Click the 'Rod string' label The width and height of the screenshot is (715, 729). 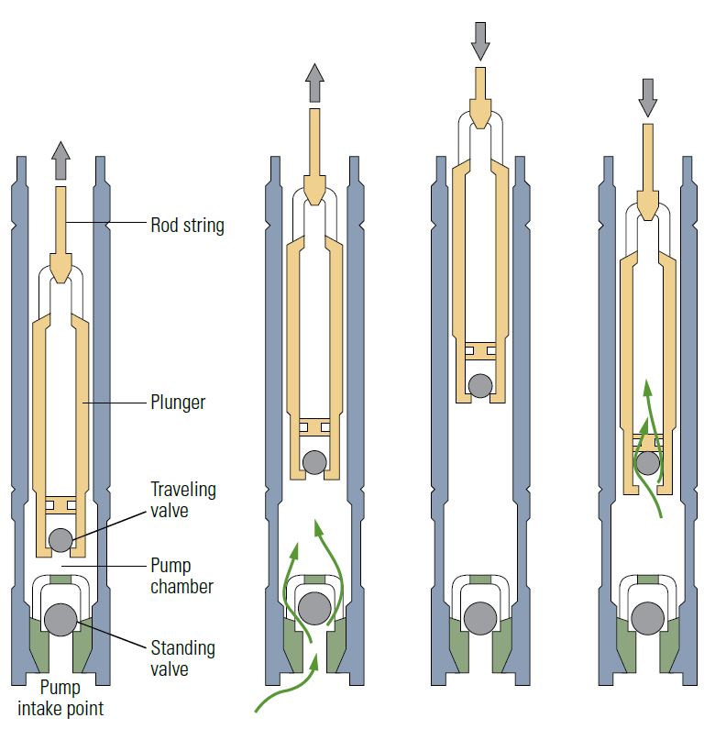click(187, 225)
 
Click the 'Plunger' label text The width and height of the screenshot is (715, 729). click(177, 401)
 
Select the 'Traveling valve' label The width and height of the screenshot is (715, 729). click(183, 500)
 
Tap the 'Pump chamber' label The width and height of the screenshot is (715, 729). click(182, 576)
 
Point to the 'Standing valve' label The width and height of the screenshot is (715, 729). click(183, 658)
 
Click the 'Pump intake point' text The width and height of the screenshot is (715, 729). click(60, 698)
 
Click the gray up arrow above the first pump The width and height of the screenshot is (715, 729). click(60, 161)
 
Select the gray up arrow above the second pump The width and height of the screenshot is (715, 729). click(314, 82)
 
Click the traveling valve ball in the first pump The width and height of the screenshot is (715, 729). click(60, 539)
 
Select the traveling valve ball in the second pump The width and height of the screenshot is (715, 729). click(314, 461)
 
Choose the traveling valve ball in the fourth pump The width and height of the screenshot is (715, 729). click(648, 462)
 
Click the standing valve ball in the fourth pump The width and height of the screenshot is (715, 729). click(648, 615)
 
